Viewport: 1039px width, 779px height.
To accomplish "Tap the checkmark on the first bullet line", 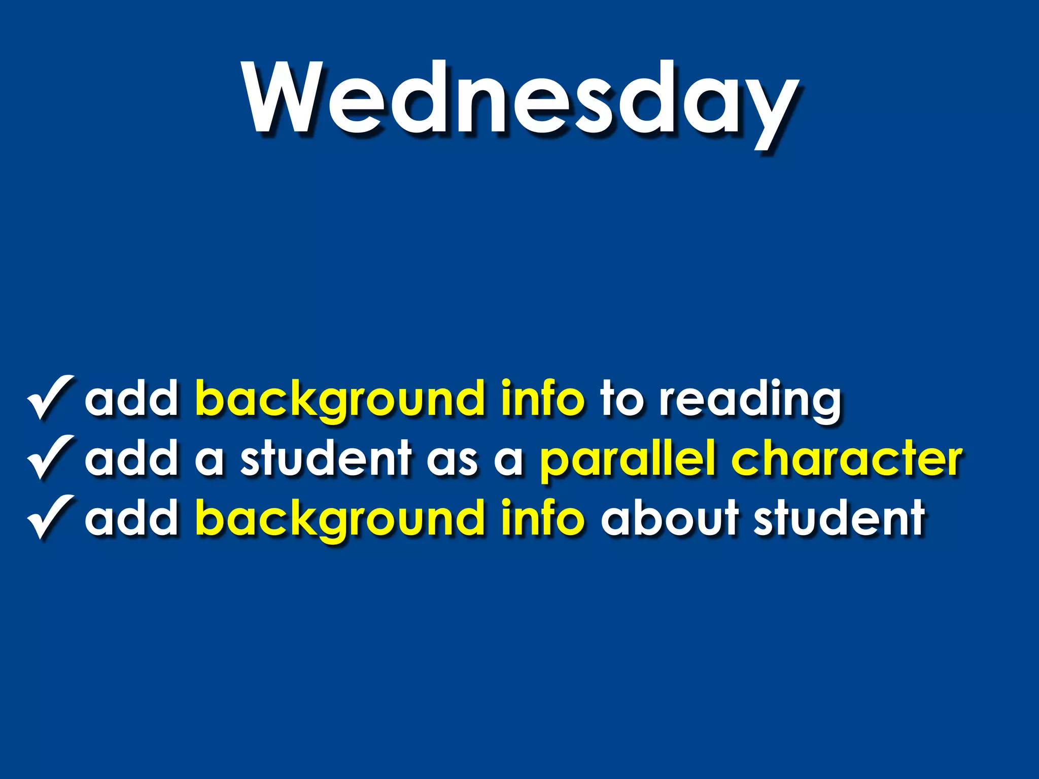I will (x=51, y=398).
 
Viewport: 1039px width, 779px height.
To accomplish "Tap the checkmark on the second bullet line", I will (x=51, y=457).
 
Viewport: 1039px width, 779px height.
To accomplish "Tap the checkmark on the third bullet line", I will (x=51, y=517).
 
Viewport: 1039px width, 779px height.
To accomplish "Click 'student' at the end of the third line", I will (x=839, y=517).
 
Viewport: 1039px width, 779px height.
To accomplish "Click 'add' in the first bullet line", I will (x=131, y=399).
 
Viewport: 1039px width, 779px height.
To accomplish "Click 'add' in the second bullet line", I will (x=131, y=458).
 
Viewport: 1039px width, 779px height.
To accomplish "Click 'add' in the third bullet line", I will (x=131, y=517).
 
